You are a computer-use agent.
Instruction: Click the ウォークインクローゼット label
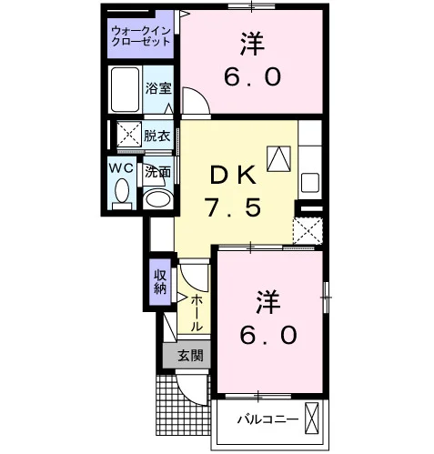(x=141, y=36)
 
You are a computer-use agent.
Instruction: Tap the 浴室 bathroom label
(x=158, y=88)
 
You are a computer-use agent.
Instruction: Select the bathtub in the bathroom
(x=125, y=89)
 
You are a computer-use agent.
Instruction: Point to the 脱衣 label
(x=156, y=136)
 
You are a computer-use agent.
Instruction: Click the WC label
(x=121, y=167)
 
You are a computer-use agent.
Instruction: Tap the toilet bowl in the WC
(x=122, y=190)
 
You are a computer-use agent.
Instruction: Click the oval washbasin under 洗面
(x=157, y=199)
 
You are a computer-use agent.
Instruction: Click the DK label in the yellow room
(x=233, y=176)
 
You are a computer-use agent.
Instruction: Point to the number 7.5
(x=234, y=207)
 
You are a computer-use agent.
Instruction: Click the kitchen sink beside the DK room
(x=309, y=182)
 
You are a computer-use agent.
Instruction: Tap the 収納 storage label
(x=160, y=282)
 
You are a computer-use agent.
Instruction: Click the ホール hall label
(x=196, y=313)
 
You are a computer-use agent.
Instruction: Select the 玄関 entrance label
(x=190, y=355)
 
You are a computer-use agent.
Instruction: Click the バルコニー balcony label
(x=267, y=419)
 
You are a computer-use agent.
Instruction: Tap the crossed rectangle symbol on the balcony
(x=312, y=418)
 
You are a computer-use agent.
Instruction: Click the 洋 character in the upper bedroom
(x=253, y=45)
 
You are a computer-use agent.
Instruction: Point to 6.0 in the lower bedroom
(x=268, y=335)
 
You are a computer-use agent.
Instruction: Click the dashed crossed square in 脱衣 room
(x=129, y=134)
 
